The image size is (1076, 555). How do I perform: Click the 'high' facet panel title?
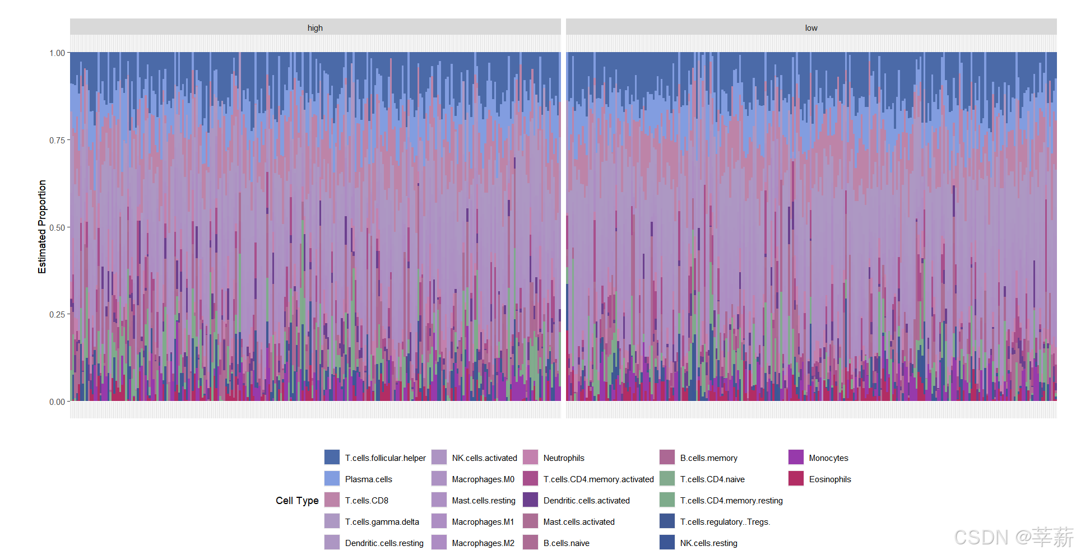[x=315, y=28]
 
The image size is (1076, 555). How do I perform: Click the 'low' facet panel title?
[x=811, y=28]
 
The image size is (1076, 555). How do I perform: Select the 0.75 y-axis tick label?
[x=57, y=140]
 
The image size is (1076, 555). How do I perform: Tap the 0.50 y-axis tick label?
[x=57, y=227]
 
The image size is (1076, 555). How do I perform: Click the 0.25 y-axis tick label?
[x=57, y=314]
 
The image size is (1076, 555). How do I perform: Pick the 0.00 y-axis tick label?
[x=57, y=402]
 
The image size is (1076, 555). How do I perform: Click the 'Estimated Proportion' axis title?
[x=42, y=227]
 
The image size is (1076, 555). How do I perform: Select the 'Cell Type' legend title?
[x=297, y=501]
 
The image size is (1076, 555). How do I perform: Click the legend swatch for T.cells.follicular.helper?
[x=332, y=457]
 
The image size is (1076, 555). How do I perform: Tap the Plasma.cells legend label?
[x=369, y=479]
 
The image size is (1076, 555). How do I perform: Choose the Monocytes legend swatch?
[x=796, y=457]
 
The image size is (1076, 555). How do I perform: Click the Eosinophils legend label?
[x=830, y=479]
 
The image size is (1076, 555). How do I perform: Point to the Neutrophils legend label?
[x=564, y=458]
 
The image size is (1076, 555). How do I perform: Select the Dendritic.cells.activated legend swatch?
[x=530, y=500]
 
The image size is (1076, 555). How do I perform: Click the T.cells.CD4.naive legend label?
[x=712, y=479]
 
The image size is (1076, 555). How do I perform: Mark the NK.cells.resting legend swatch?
[x=667, y=542]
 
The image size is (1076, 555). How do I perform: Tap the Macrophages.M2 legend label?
[x=483, y=543]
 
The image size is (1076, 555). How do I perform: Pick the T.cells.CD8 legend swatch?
[x=332, y=500]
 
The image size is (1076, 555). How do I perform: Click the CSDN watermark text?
[x=1013, y=537]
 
